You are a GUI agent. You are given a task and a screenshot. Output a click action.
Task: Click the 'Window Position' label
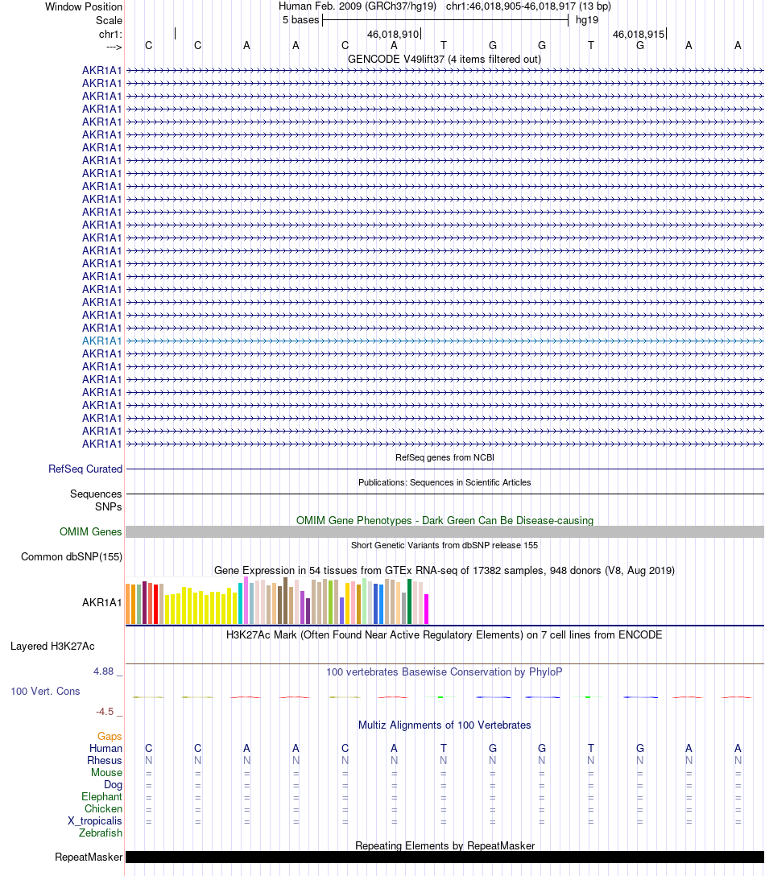tap(84, 6)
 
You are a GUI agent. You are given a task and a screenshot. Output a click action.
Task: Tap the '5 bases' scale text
tap(300, 19)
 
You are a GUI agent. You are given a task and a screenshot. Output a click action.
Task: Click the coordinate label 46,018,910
tap(393, 35)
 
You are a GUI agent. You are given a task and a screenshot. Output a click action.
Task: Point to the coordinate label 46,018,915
tap(639, 35)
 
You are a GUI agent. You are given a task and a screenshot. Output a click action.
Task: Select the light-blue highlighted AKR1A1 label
tap(102, 341)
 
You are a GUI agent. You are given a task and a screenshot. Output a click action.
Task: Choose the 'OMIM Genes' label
tap(91, 531)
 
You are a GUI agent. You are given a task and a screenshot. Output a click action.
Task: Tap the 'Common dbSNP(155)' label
tap(72, 556)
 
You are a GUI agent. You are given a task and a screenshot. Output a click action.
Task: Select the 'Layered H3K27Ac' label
tap(52, 646)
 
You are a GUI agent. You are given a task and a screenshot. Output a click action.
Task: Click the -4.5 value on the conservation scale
tap(109, 711)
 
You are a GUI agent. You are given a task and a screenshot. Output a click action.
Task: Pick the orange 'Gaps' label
tap(110, 736)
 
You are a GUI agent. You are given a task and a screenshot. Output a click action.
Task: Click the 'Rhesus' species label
tap(105, 760)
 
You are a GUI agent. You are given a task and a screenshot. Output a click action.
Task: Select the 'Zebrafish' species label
tap(101, 833)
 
